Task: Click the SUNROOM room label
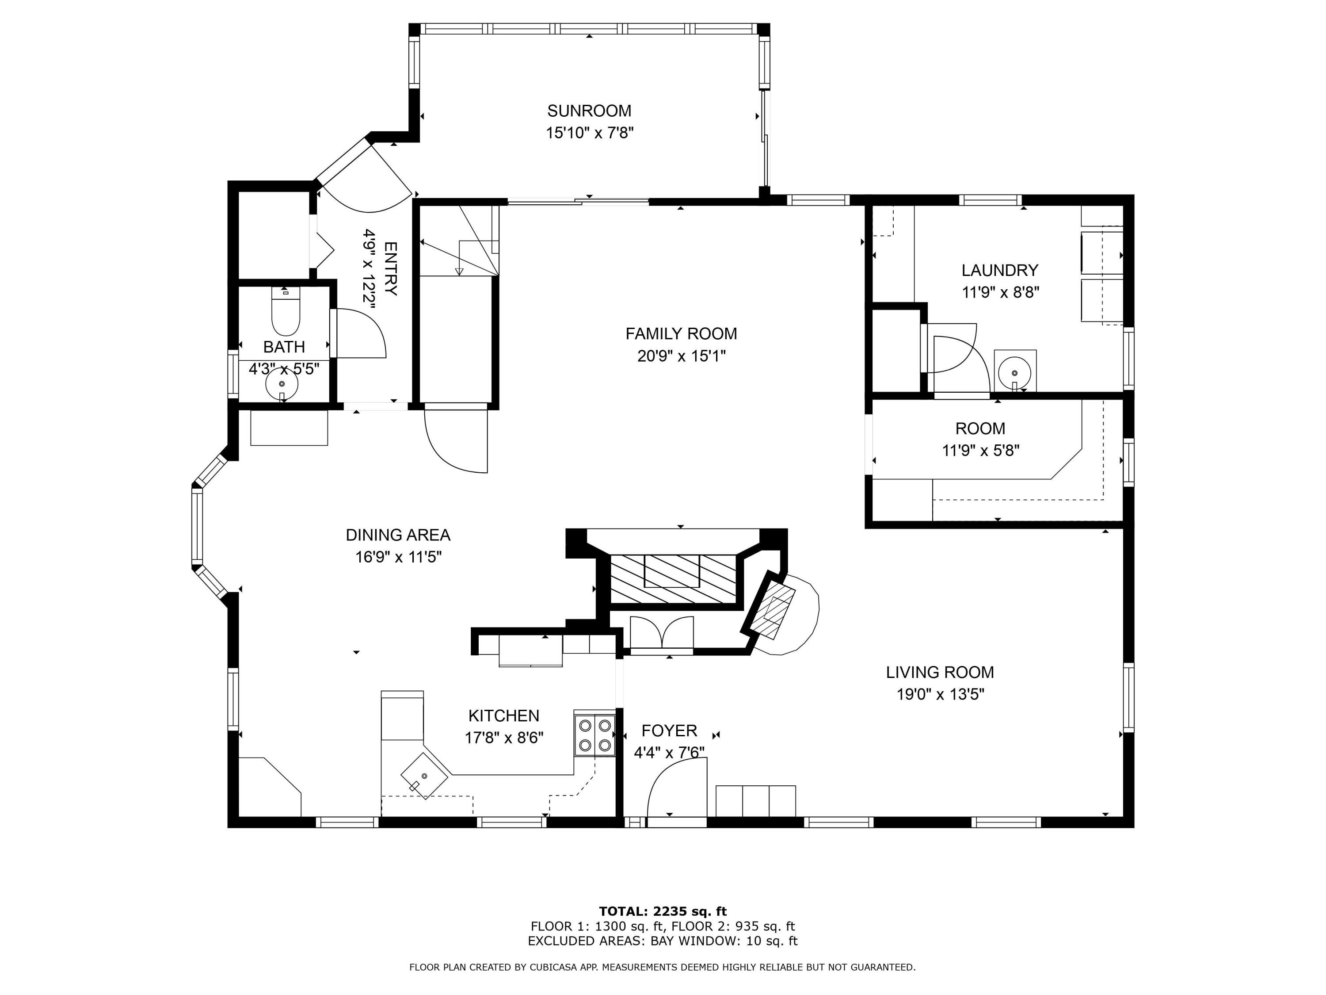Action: pyautogui.click(x=589, y=111)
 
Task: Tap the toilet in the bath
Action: pyautogui.click(x=286, y=311)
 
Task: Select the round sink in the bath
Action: pyautogui.click(x=281, y=383)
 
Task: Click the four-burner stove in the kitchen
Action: pyautogui.click(x=594, y=735)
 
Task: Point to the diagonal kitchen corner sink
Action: pyautogui.click(x=424, y=776)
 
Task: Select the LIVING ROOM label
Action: pyautogui.click(x=940, y=672)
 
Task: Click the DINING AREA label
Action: pyautogui.click(x=398, y=535)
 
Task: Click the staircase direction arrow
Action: pyautogui.click(x=460, y=258)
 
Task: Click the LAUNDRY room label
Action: pyautogui.click(x=1000, y=271)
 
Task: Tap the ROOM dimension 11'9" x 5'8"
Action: pyautogui.click(x=981, y=451)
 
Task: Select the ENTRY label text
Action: pyautogui.click(x=390, y=269)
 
